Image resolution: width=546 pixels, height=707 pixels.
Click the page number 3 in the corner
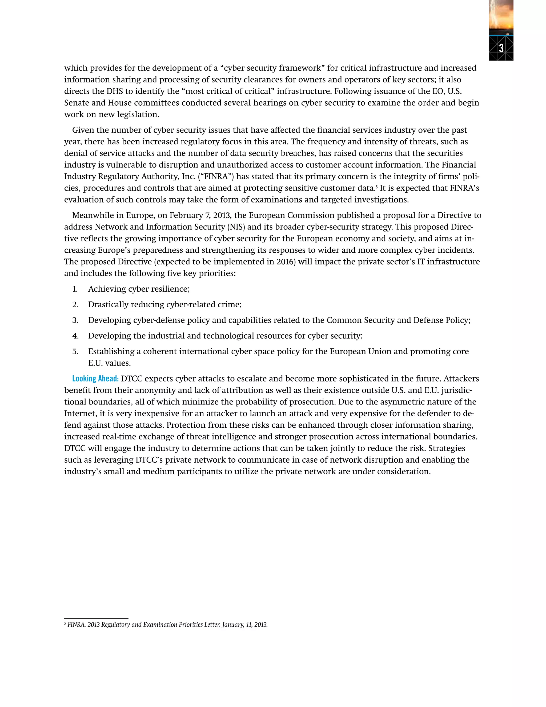pyautogui.click(x=501, y=48)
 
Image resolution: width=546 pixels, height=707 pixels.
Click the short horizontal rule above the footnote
pyautogui.click(x=96, y=618)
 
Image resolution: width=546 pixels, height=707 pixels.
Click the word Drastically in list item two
pyautogui.click(x=108, y=305)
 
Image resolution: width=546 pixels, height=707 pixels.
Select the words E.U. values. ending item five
pyautogui.click(x=109, y=363)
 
